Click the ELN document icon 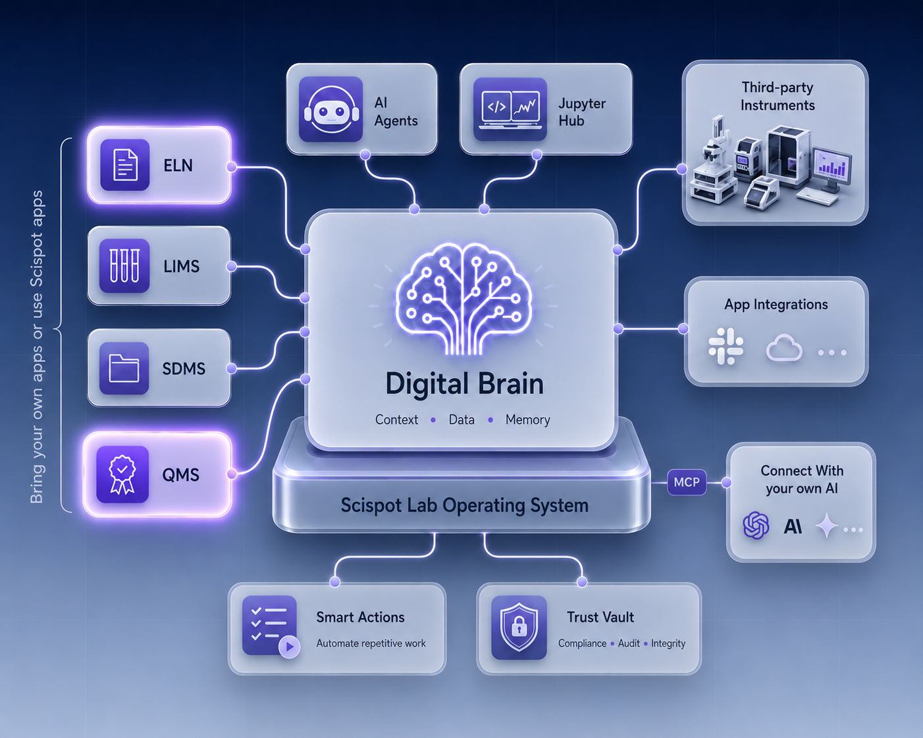pyautogui.click(x=125, y=164)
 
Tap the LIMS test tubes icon pyautogui.click(x=124, y=266)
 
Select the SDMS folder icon pyautogui.click(x=124, y=368)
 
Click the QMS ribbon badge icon pyautogui.click(x=122, y=474)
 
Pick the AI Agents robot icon pyautogui.click(x=330, y=109)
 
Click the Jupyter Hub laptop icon pyautogui.click(x=510, y=109)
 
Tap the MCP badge pyautogui.click(x=687, y=482)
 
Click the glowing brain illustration pyautogui.click(x=463, y=298)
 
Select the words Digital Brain pyautogui.click(x=465, y=383)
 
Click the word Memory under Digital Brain pyautogui.click(x=527, y=420)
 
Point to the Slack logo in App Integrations pyautogui.click(x=725, y=346)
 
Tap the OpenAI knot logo pyautogui.click(x=756, y=526)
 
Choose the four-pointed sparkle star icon pyautogui.click(x=826, y=526)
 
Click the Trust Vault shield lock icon pyautogui.click(x=519, y=627)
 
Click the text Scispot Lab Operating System pyautogui.click(x=465, y=505)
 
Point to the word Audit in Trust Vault pyautogui.click(x=629, y=643)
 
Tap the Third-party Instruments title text pyautogui.click(x=778, y=96)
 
